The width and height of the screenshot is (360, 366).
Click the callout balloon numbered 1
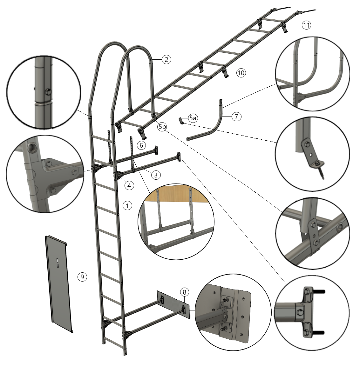click(127, 206)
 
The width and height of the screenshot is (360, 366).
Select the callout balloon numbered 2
click(166, 60)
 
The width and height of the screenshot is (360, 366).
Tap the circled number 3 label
click(156, 175)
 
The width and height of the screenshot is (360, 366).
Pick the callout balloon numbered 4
click(129, 186)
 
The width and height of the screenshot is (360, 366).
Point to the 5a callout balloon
click(193, 118)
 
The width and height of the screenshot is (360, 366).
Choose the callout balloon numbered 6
click(141, 145)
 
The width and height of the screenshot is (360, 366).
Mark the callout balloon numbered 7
click(236, 116)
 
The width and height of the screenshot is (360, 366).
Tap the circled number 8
click(185, 292)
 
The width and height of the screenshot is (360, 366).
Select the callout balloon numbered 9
click(82, 277)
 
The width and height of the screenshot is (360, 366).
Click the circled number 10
click(241, 73)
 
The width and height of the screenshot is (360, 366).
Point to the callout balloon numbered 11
click(307, 25)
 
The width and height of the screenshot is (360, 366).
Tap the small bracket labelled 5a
click(181, 121)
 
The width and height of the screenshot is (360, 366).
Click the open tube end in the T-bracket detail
click(31, 147)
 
